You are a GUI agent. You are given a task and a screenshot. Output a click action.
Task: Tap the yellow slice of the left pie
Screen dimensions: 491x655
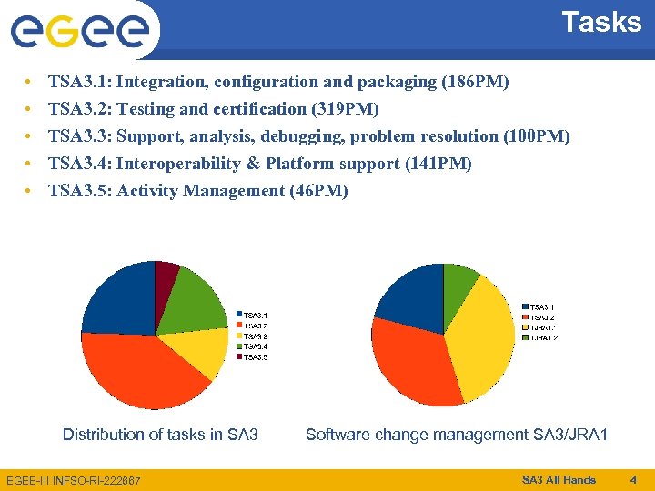pyautogui.click(x=205, y=350)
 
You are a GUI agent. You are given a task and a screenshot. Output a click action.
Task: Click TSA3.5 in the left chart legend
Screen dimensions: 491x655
pyautogui.click(x=254, y=357)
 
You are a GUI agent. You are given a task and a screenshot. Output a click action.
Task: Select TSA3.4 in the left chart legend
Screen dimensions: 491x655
pyautogui.click(x=254, y=346)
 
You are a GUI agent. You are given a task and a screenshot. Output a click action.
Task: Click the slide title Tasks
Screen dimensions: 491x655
pyautogui.click(x=601, y=22)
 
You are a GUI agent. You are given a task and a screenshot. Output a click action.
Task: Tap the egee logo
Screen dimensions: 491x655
pyautogui.click(x=80, y=30)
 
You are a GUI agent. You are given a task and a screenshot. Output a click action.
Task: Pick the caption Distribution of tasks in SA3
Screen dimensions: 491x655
pyautogui.click(x=160, y=435)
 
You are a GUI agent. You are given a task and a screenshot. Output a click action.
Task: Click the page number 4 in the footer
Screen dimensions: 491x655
pyautogui.click(x=633, y=479)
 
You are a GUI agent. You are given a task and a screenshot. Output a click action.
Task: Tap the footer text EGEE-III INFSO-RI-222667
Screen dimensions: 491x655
pyautogui.click(x=74, y=480)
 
